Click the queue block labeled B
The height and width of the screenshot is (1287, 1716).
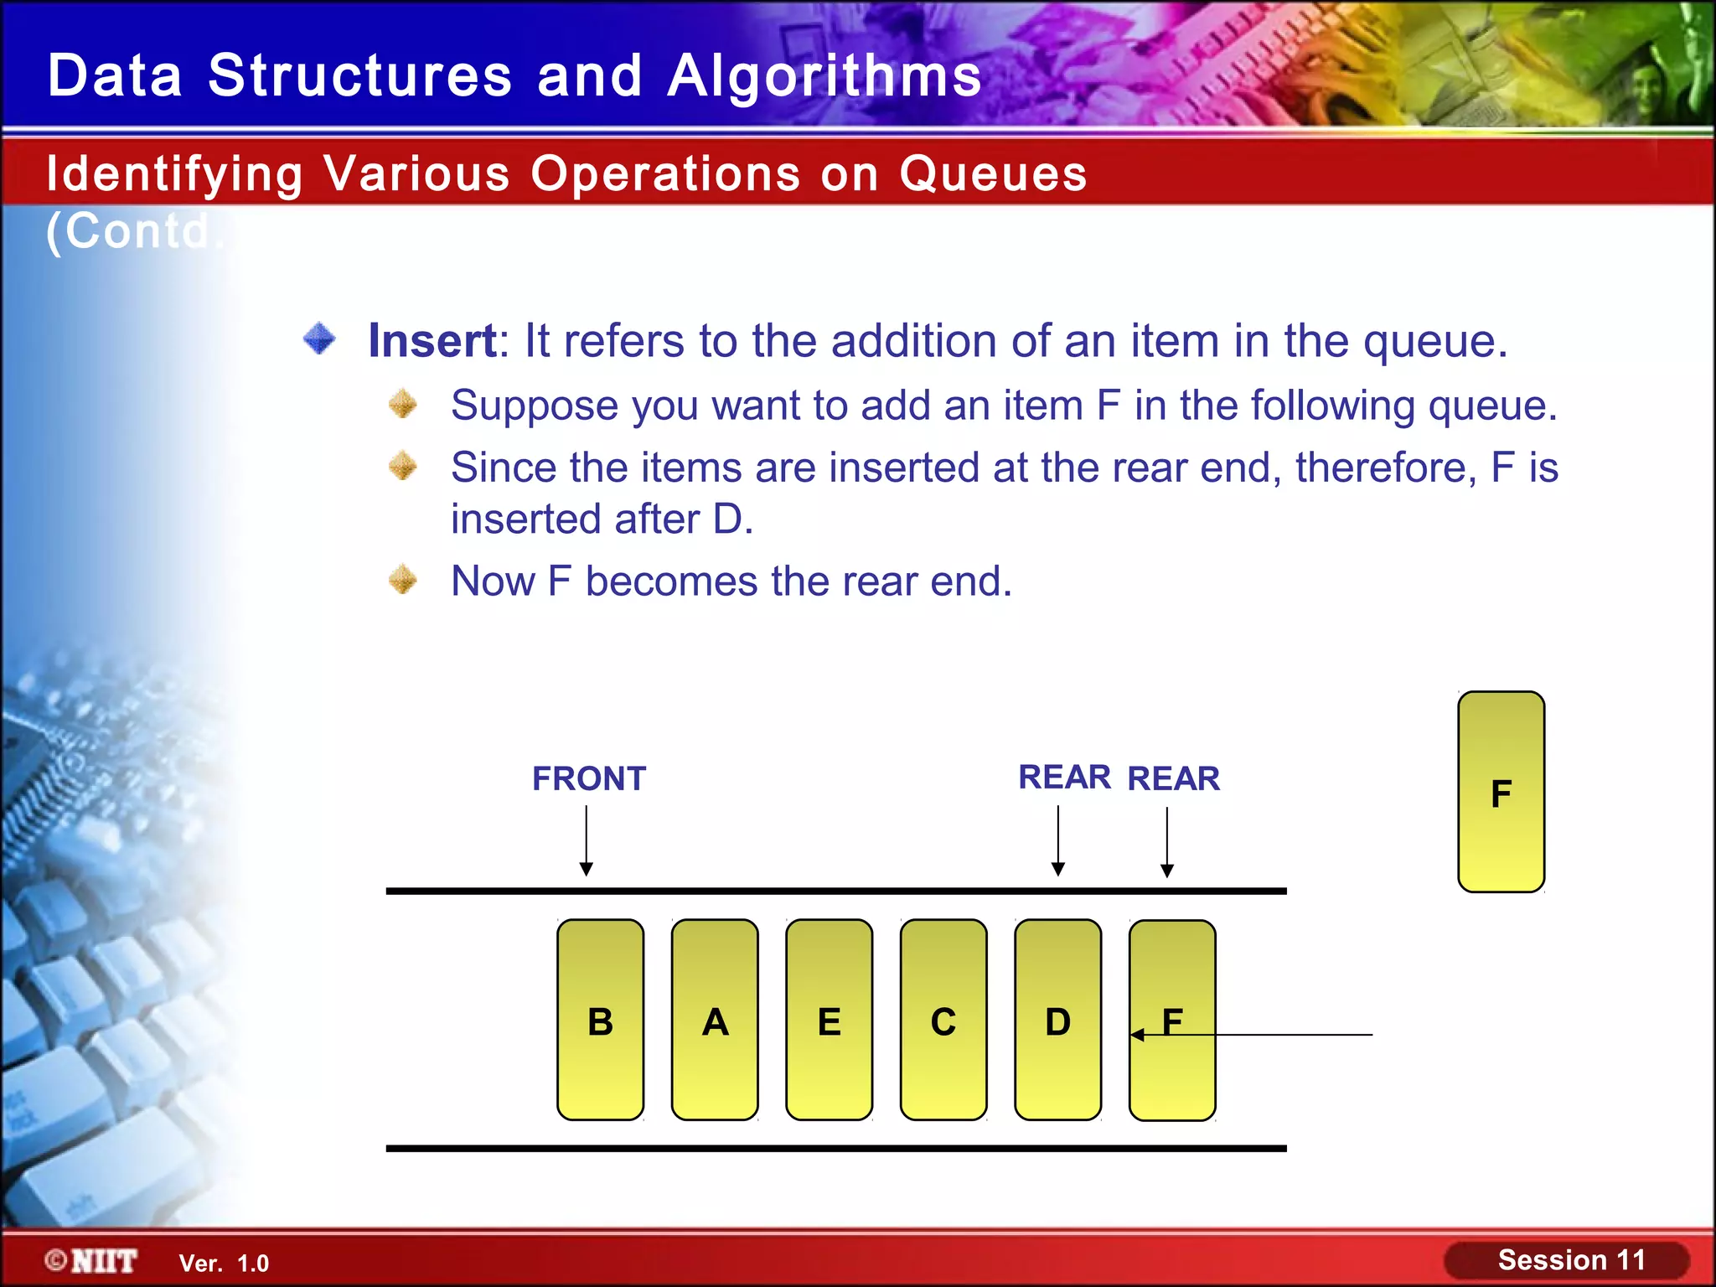pyautogui.click(x=600, y=1020)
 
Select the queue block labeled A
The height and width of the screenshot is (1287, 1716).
pyautogui.click(x=715, y=1020)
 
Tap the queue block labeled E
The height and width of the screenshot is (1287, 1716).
pyautogui.click(x=829, y=1020)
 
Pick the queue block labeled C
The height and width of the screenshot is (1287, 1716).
pyautogui.click(x=943, y=1020)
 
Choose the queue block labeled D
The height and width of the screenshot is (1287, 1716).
pyautogui.click(x=1057, y=1020)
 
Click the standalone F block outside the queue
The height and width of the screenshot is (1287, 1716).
pyautogui.click(x=1501, y=792)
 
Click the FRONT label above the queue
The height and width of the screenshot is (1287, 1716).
pyautogui.click(x=589, y=778)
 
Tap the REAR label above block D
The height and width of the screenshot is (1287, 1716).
pyautogui.click(x=1064, y=778)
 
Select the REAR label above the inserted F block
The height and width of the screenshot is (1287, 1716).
pyautogui.click(x=1173, y=778)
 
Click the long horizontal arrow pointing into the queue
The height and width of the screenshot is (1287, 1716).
pyautogui.click(x=1274, y=1035)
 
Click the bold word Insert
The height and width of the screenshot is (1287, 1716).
pyautogui.click(x=432, y=341)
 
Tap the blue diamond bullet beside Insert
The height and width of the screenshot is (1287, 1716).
pyautogui.click(x=319, y=339)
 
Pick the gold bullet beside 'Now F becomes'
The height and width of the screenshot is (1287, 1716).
pyautogui.click(x=403, y=580)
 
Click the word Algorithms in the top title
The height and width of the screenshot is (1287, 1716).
pyautogui.click(x=824, y=75)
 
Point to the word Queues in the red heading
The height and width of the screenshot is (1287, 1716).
pyautogui.click(x=993, y=174)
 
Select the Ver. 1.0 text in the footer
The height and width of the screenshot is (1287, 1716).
pyautogui.click(x=224, y=1264)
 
